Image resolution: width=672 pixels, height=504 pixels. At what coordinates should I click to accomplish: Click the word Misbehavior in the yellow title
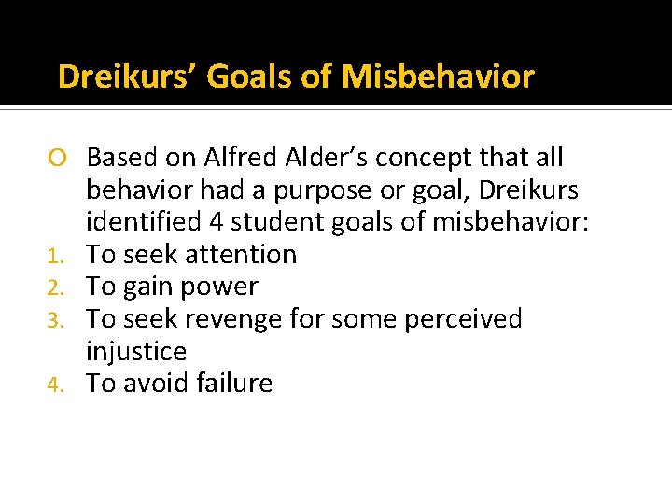click(x=439, y=76)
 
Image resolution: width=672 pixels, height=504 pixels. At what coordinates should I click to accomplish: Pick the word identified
click(x=144, y=222)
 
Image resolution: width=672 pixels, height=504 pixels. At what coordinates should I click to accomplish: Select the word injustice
click(x=136, y=352)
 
